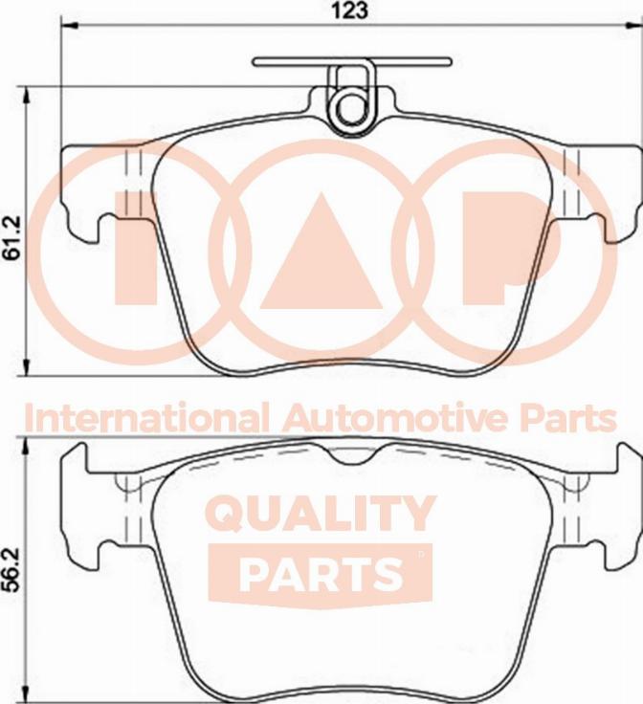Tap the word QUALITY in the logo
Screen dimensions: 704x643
(x=322, y=514)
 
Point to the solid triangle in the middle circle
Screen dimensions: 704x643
(x=321, y=258)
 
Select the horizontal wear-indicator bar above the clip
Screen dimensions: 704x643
(x=351, y=62)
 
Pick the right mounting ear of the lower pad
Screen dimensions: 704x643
(x=597, y=507)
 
